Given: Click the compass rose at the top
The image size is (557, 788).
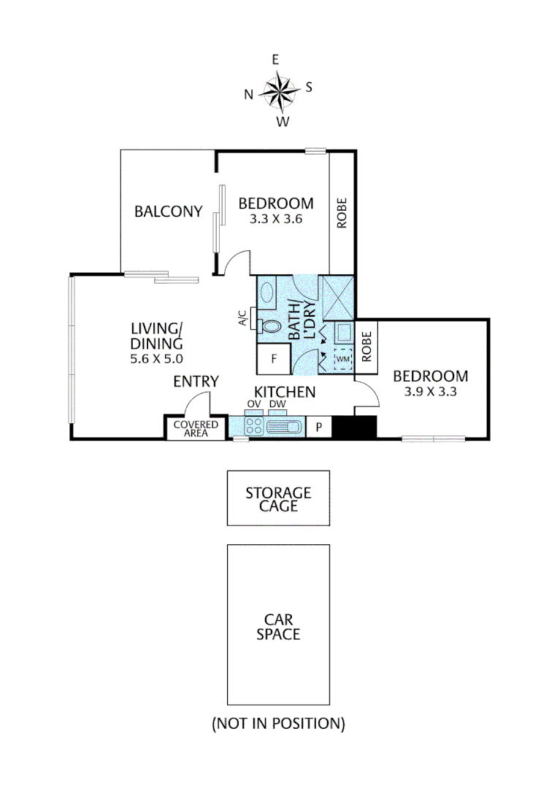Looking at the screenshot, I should (x=278, y=91).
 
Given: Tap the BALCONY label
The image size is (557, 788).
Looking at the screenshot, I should (x=168, y=212).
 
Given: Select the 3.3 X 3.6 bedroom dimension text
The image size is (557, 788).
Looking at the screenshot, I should (x=276, y=219).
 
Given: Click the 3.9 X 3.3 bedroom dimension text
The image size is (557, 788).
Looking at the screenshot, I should (x=430, y=392).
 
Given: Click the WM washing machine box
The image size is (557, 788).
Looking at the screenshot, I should (x=343, y=359).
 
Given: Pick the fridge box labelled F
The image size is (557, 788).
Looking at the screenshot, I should (x=274, y=359).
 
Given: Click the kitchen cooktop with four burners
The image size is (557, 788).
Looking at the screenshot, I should (x=254, y=426).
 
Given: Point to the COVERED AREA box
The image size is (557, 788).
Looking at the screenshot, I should (x=196, y=428).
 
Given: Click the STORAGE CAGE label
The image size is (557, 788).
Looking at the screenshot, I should (x=277, y=499).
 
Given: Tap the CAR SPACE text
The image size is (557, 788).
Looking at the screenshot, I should (x=277, y=627).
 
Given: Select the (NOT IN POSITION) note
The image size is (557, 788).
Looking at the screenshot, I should (x=277, y=724).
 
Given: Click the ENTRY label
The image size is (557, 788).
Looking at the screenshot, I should (x=196, y=381).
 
